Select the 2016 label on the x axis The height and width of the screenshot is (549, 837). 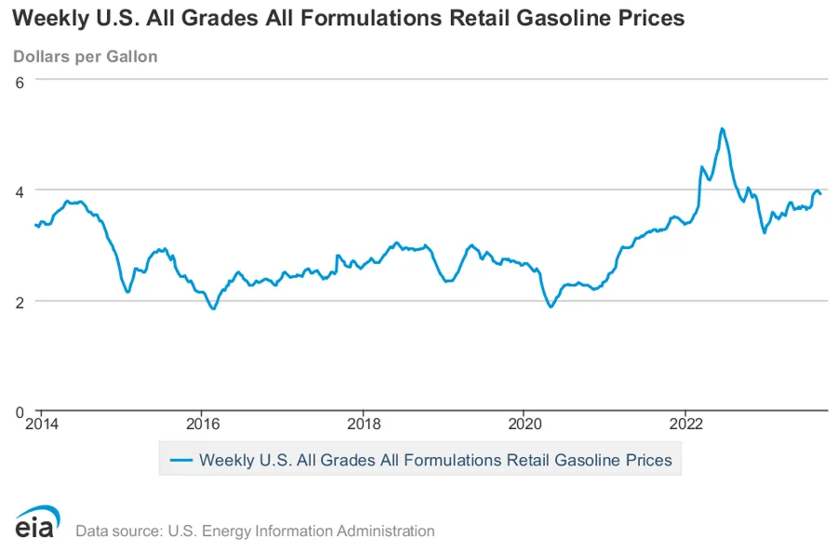pyautogui.click(x=202, y=425)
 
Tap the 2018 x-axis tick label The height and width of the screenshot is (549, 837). pyautogui.click(x=363, y=425)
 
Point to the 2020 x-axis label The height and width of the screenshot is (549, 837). pyautogui.click(x=524, y=425)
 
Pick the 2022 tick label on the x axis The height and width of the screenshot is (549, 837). pyautogui.click(x=685, y=425)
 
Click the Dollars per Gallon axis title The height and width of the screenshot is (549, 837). pyautogui.click(x=86, y=57)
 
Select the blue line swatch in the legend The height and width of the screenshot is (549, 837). pyautogui.click(x=179, y=460)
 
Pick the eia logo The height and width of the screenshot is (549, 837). pyautogui.click(x=37, y=522)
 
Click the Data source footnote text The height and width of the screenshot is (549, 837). pyautogui.click(x=255, y=531)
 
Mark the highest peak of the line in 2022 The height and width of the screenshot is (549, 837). pyautogui.click(x=722, y=128)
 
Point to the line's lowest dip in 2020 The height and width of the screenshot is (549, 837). pyautogui.click(x=551, y=307)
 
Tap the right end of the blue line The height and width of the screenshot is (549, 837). pyautogui.click(x=820, y=193)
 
